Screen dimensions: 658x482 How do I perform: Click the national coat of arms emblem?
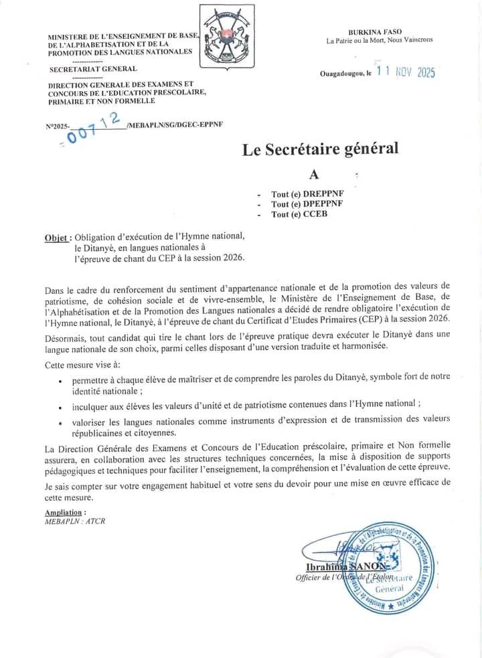pyautogui.click(x=225, y=33)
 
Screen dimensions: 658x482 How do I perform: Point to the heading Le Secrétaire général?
pyautogui.click(x=320, y=149)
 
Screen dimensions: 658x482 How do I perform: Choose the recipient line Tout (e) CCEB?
pyautogui.click(x=299, y=215)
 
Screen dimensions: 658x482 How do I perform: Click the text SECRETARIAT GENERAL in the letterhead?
pyautogui.click(x=92, y=68)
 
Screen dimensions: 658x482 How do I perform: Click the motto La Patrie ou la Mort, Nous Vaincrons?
pyautogui.click(x=379, y=40)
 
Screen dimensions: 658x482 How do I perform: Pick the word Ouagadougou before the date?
pyautogui.click(x=342, y=74)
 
